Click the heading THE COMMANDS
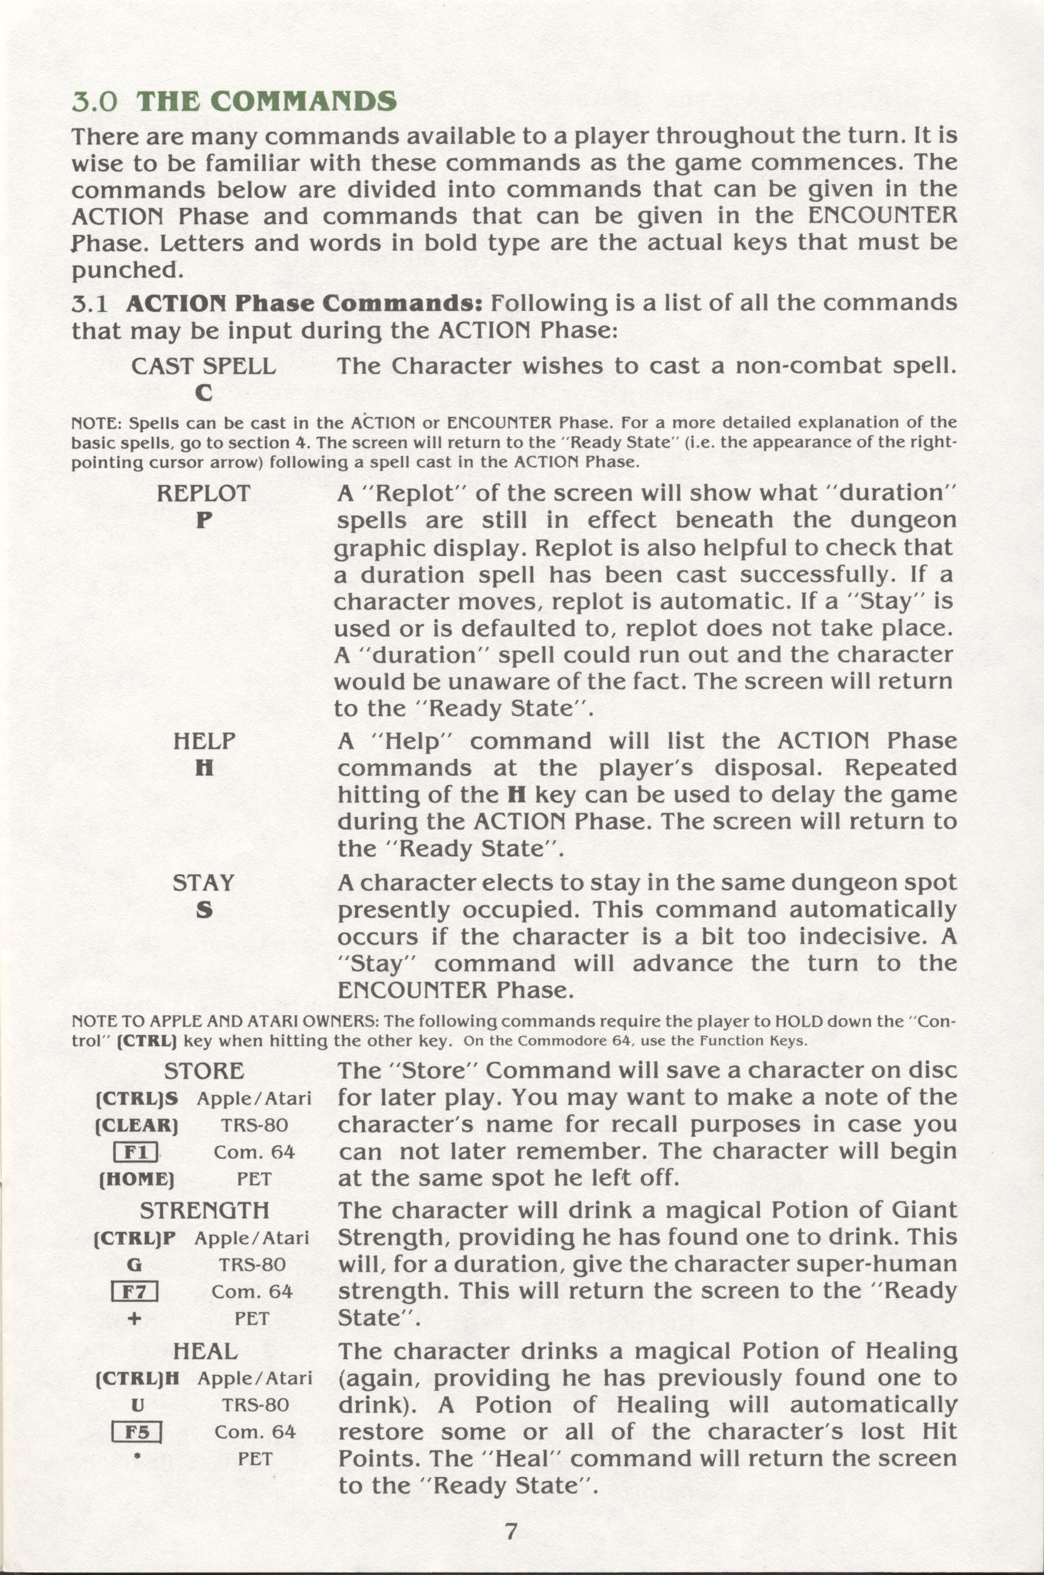coord(267,101)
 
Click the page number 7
coord(511,1512)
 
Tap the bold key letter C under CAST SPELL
coord(204,393)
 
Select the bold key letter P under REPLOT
coord(204,520)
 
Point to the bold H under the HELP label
coord(204,768)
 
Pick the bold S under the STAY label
coord(204,910)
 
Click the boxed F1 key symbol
coord(136,1152)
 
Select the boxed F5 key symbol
coord(137,1432)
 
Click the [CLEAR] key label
coord(137,1125)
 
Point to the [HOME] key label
coord(137,1179)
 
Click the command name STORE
coord(204,1071)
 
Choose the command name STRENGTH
coord(204,1210)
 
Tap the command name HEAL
coord(204,1350)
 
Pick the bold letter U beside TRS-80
coord(137,1405)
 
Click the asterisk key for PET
coord(137,1457)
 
